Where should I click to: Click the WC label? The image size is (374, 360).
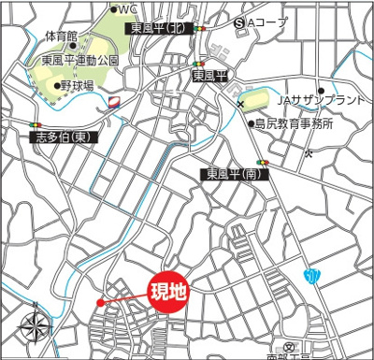(x=126, y=9)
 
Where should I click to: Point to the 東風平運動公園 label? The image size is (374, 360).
(x=79, y=60)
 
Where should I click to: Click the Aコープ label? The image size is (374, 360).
(x=271, y=21)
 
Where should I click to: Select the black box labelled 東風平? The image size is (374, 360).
(x=209, y=75)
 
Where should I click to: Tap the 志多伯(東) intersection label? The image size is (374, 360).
(x=63, y=137)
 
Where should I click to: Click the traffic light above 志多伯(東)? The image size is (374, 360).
(x=38, y=123)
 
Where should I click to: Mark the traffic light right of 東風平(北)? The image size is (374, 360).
(x=200, y=29)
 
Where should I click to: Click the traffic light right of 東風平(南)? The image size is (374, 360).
(x=265, y=163)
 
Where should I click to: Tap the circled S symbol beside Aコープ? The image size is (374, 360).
(x=240, y=21)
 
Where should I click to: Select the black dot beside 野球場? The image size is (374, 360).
(x=57, y=85)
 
